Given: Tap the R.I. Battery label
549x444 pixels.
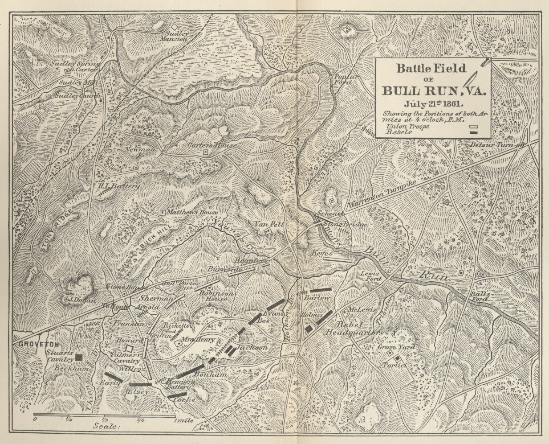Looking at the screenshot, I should [x=118, y=186].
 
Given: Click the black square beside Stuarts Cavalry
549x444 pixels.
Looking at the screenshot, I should [x=80, y=357].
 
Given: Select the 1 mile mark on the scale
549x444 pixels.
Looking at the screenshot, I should [x=184, y=421].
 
